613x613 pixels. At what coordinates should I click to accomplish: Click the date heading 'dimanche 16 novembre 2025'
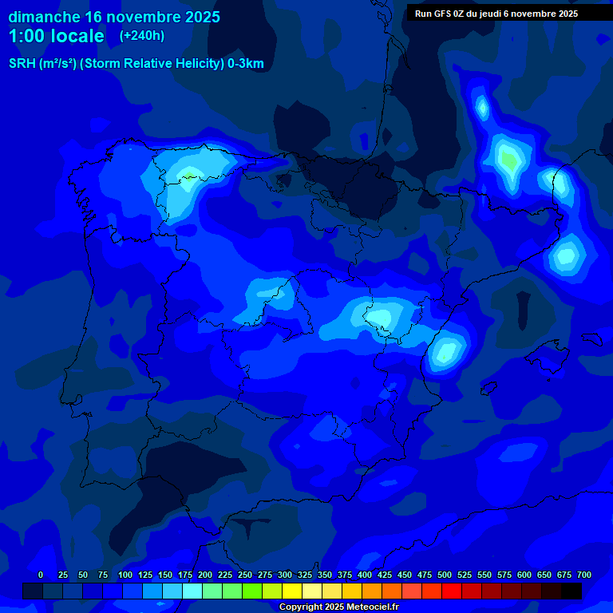tap(114, 17)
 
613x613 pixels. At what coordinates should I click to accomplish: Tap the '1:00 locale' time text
tap(56, 36)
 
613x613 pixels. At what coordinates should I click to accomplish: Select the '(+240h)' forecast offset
tap(141, 36)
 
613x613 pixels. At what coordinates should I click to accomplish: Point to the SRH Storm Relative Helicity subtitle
tap(136, 64)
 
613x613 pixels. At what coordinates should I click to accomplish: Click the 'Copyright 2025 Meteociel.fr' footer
tap(338, 607)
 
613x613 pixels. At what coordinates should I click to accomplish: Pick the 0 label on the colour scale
tap(41, 575)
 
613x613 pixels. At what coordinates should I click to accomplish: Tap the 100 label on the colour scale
tap(125, 575)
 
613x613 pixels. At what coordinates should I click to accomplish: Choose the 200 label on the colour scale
tap(205, 575)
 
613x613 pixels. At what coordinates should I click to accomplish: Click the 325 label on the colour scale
tap(305, 575)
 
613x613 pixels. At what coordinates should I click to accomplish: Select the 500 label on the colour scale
tap(445, 575)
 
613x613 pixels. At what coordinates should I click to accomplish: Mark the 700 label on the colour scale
tap(584, 575)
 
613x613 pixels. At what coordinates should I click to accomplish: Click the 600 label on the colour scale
tap(524, 575)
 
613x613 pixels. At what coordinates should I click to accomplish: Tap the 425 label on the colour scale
tap(385, 575)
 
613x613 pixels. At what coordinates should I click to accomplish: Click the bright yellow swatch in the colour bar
tap(292, 591)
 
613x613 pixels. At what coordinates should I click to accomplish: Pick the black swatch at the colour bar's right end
tap(571, 591)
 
